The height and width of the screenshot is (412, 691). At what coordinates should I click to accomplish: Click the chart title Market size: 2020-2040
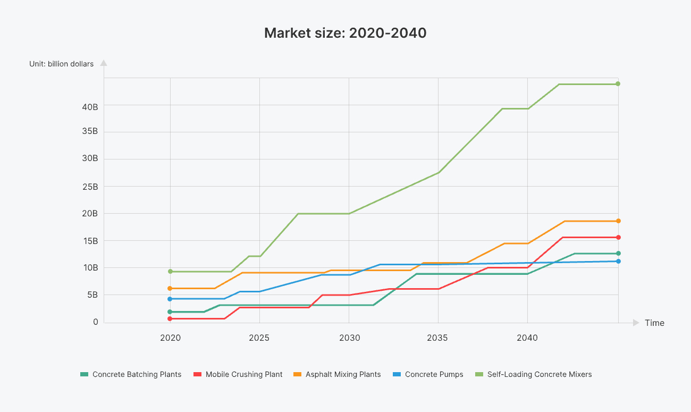(x=345, y=33)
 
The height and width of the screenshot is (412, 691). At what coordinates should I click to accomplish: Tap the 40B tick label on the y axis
(x=90, y=107)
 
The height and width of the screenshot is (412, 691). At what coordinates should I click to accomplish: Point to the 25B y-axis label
(x=90, y=187)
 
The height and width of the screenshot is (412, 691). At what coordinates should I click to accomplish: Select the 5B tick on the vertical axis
(x=92, y=295)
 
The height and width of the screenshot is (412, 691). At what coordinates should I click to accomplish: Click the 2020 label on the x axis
(x=170, y=338)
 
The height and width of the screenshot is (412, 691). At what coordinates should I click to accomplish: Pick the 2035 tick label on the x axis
(x=438, y=338)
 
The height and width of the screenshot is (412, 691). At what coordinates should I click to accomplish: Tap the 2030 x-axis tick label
(x=349, y=338)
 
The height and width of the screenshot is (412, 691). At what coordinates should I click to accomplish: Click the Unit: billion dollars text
(x=61, y=64)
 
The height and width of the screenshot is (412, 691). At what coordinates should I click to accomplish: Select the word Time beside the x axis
(x=654, y=323)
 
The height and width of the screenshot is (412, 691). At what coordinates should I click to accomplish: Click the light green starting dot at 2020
(x=170, y=272)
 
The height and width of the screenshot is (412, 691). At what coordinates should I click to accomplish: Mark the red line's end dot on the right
(x=618, y=237)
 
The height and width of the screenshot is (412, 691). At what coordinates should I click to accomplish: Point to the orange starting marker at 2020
(x=170, y=288)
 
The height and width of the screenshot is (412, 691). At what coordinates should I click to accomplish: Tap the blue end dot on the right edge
(x=618, y=261)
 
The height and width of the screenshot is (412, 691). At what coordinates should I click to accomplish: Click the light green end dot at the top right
(x=618, y=84)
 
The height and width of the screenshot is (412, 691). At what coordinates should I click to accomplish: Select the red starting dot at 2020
(x=170, y=318)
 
